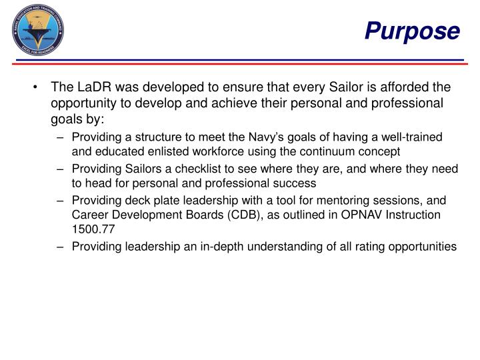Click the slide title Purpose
[412, 31]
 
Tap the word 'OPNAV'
[363, 215]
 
